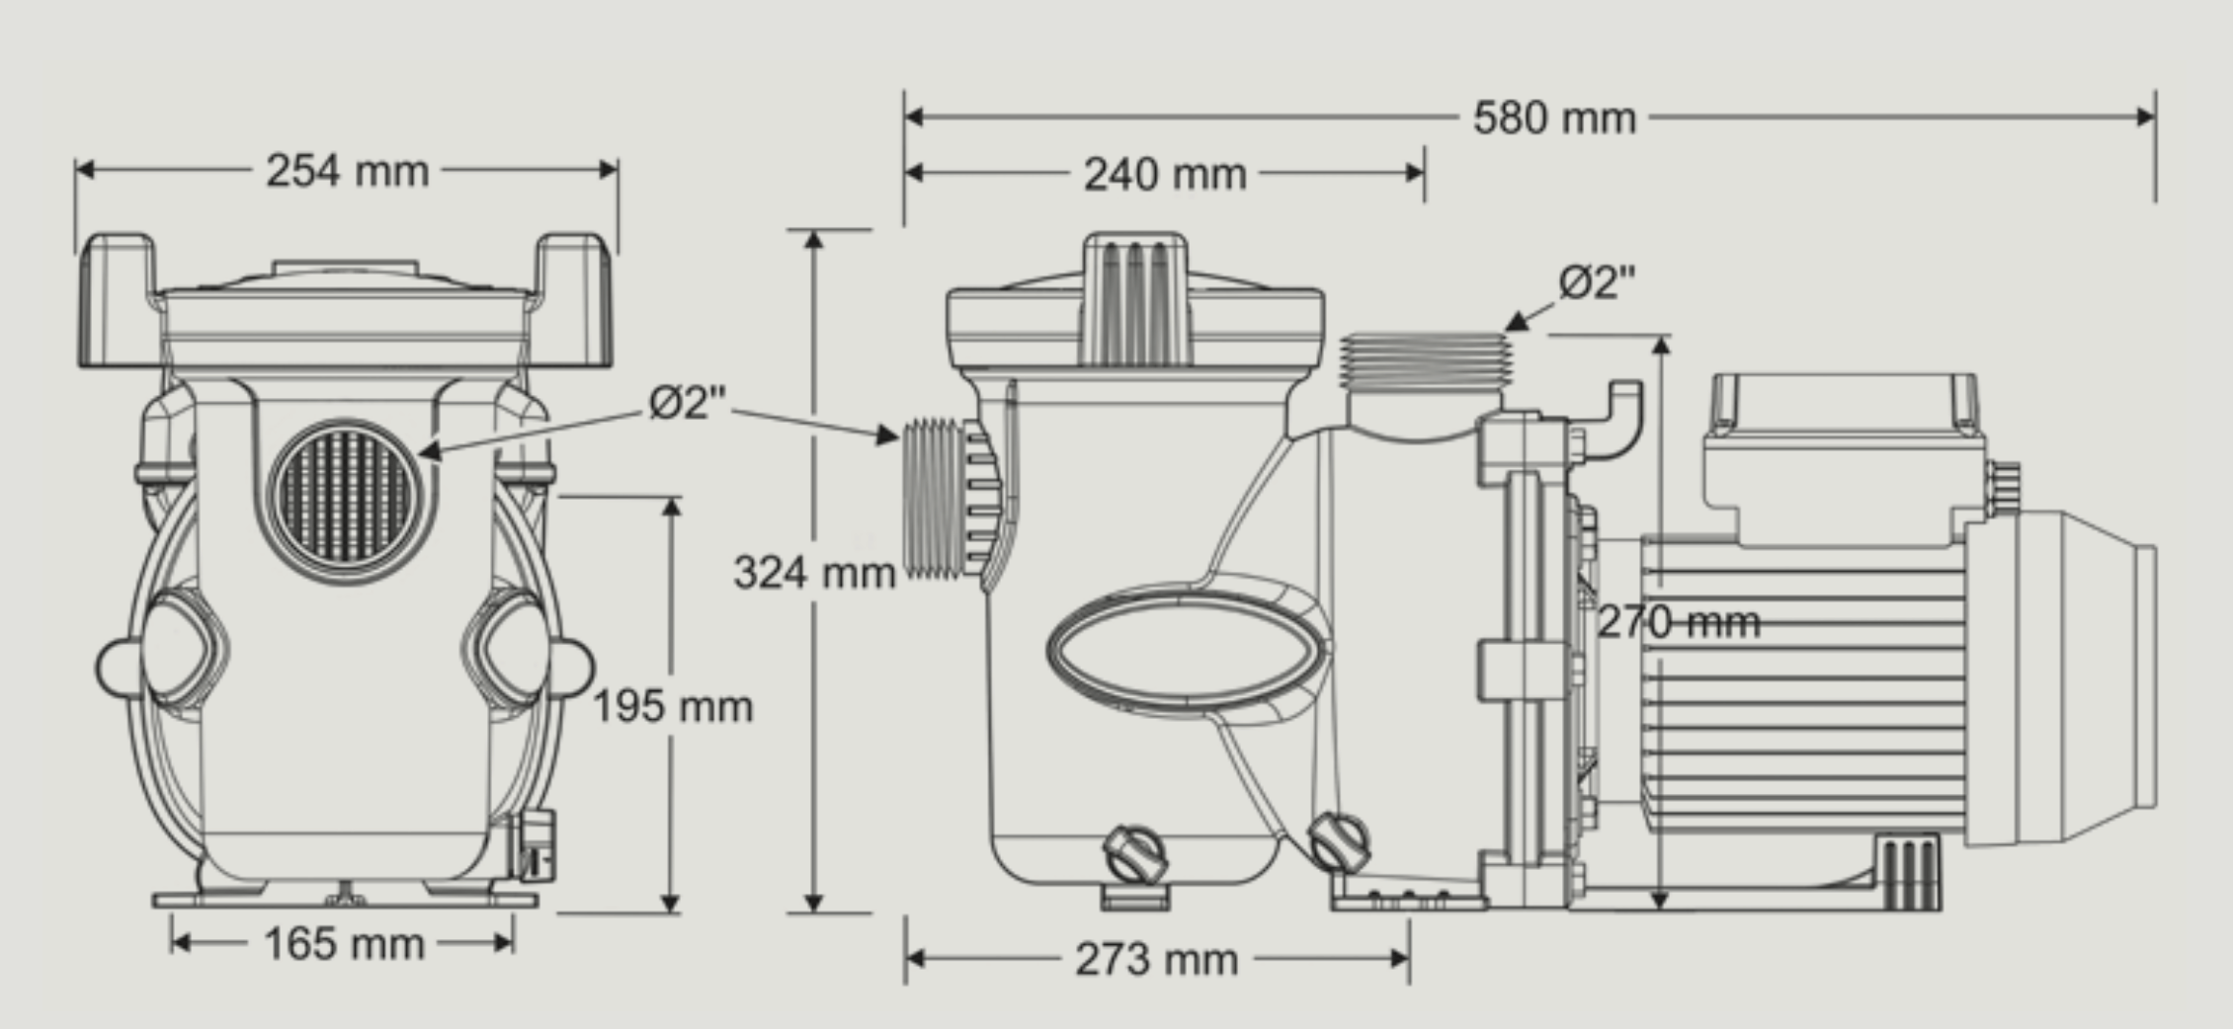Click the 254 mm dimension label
pyautogui.click(x=347, y=171)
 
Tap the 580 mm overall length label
pyautogui.click(x=1554, y=119)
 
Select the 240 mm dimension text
pyautogui.click(x=1165, y=175)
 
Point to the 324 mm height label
pyautogui.click(x=814, y=573)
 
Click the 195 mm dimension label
pyautogui.click(x=673, y=706)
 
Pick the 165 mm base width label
pyautogui.click(x=344, y=944)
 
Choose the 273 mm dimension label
pyautogui.click(x=1156, y=959)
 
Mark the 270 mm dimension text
pyautogui.click(x=1679, y=622)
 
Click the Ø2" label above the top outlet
pyautogui.click(x=1597, y=283)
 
